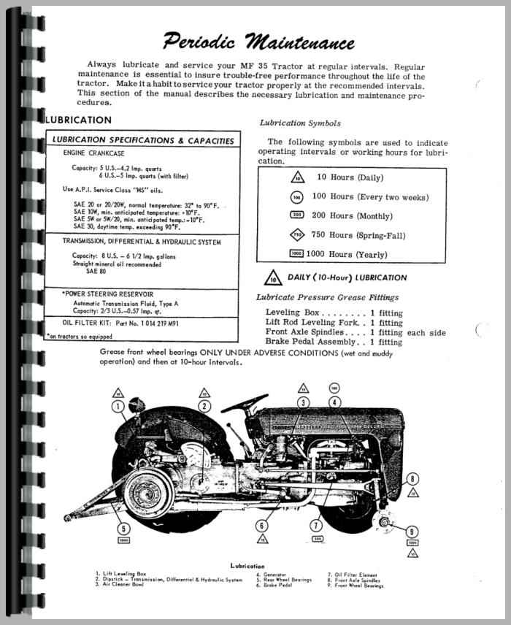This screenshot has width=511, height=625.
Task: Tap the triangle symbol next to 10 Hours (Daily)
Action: pyautogui.click(x=296, y=178)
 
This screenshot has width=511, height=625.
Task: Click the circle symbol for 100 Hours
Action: pyautogui.click(x=296, y=197)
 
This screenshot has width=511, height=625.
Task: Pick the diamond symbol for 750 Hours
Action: pyautogui.click(x=296, y=235)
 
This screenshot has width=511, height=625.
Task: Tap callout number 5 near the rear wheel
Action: pyautogui.click(x=123, y=529)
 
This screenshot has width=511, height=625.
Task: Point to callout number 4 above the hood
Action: pyautogui.click(x=334, y=402)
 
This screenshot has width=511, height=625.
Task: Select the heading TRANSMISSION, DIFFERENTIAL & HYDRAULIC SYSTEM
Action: pyautogui.click(x=141, y=242)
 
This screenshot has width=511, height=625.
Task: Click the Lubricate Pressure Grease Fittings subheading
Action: pyautogui.click(x=327, y=297)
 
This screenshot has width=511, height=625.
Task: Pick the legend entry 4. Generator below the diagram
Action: pyautogui.click(x=272, y=574)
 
